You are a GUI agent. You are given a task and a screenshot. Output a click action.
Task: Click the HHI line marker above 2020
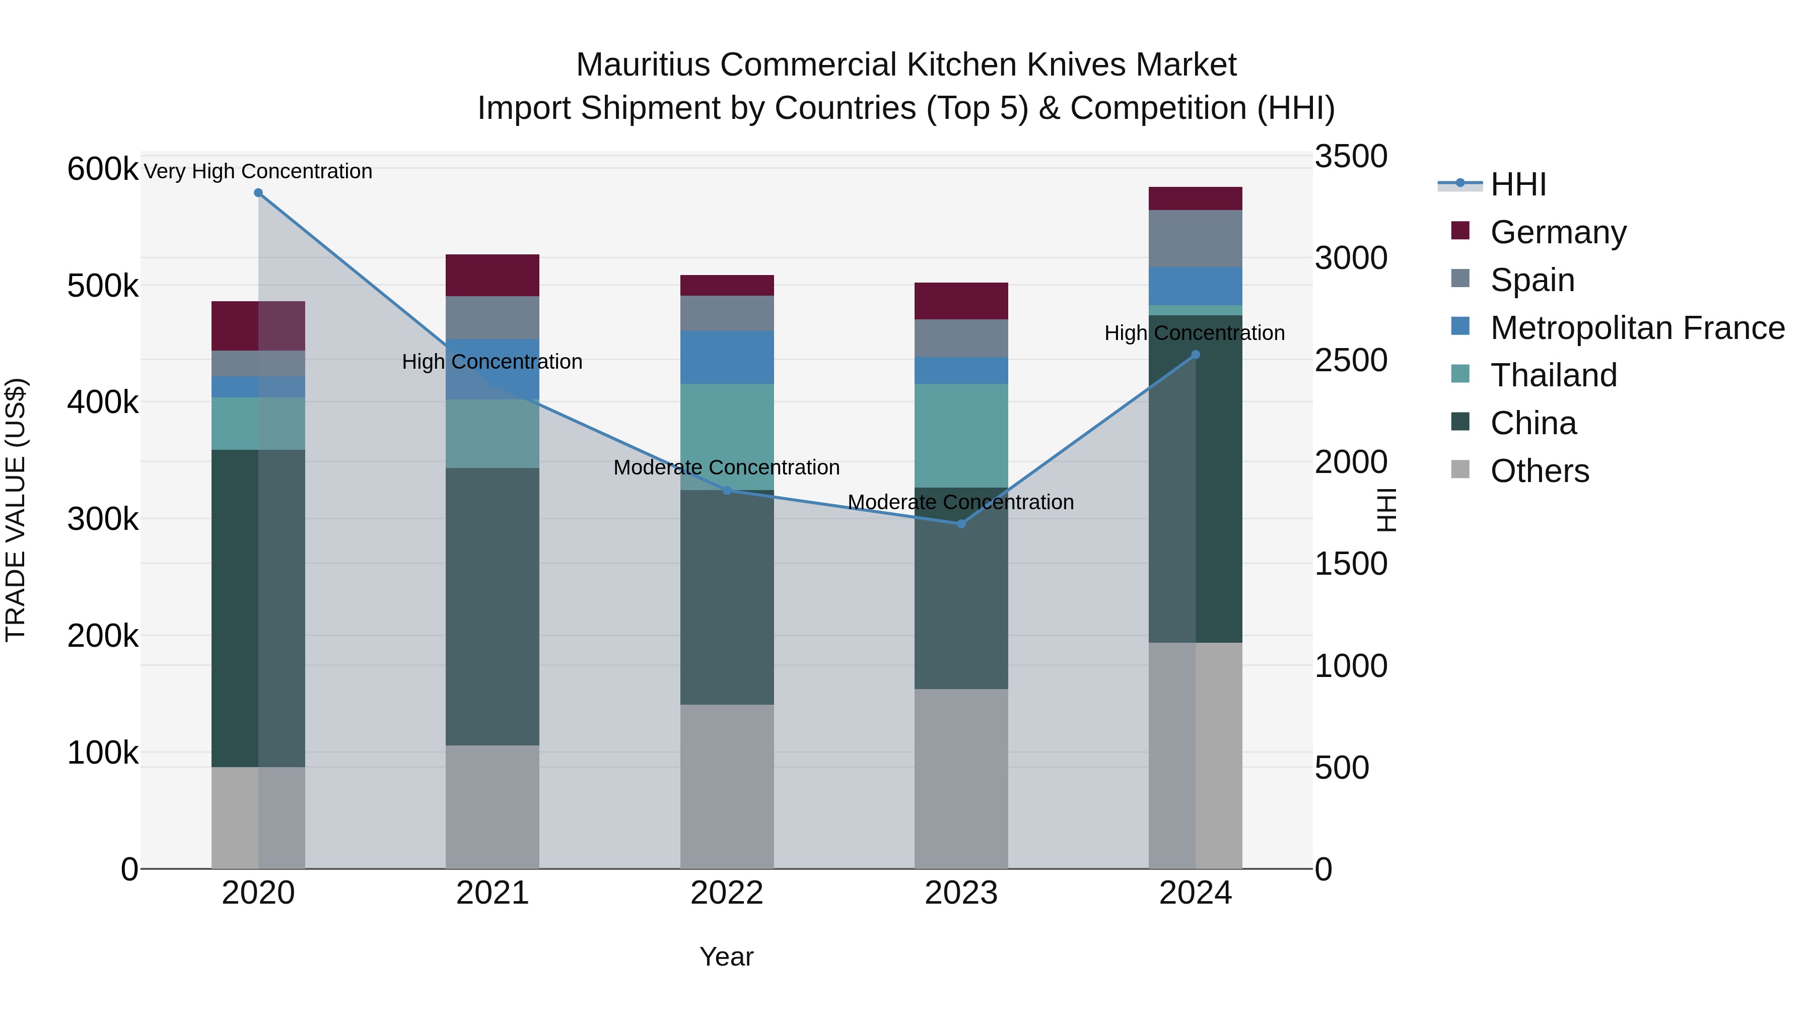tap(258, 193)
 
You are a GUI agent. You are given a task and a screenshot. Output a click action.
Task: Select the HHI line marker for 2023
tap(961, 524)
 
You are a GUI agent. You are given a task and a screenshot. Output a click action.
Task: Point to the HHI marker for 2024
tap(1195, 355)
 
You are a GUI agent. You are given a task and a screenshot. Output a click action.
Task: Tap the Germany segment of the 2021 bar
tap(492, 275)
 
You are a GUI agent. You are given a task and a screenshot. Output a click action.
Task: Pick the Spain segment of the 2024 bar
tap(1195, 239)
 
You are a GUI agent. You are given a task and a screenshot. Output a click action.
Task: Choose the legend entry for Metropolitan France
tap(1637, 328)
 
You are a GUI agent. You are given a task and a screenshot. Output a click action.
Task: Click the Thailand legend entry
tap(1553, 375)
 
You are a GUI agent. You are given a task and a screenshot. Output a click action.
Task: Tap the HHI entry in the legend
tap(1518, 184)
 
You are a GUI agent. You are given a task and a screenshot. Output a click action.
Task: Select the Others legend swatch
tap(1460, 469)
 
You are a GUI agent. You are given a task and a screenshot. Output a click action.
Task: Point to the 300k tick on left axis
tap(103, 519)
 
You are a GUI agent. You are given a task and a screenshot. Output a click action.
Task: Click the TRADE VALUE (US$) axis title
tap(16, 510)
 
